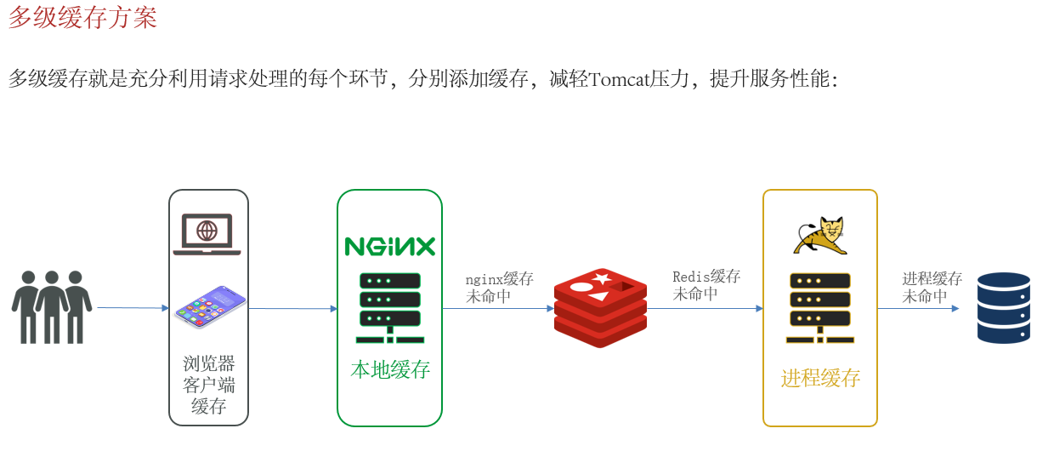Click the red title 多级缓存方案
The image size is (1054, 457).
point(82,17)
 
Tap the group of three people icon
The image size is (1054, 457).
point(52,306)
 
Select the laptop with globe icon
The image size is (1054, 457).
point(207,234)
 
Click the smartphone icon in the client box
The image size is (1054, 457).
point(210,306)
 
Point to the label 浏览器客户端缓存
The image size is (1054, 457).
point(208,385)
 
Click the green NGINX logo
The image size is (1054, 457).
point(389,246)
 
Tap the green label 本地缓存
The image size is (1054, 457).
point(390,370)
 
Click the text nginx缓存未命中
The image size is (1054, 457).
point(499,288)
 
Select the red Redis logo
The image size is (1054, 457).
point(600,307)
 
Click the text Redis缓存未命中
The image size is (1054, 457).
point(706,285)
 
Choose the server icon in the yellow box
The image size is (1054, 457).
point(819,306)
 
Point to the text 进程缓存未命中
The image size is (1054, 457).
point(932,288)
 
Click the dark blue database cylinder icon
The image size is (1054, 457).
point(1003,307)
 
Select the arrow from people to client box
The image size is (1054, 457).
point(133,308)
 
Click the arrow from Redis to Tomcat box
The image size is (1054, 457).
point(705,309)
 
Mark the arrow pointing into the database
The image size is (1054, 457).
point(918,309)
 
